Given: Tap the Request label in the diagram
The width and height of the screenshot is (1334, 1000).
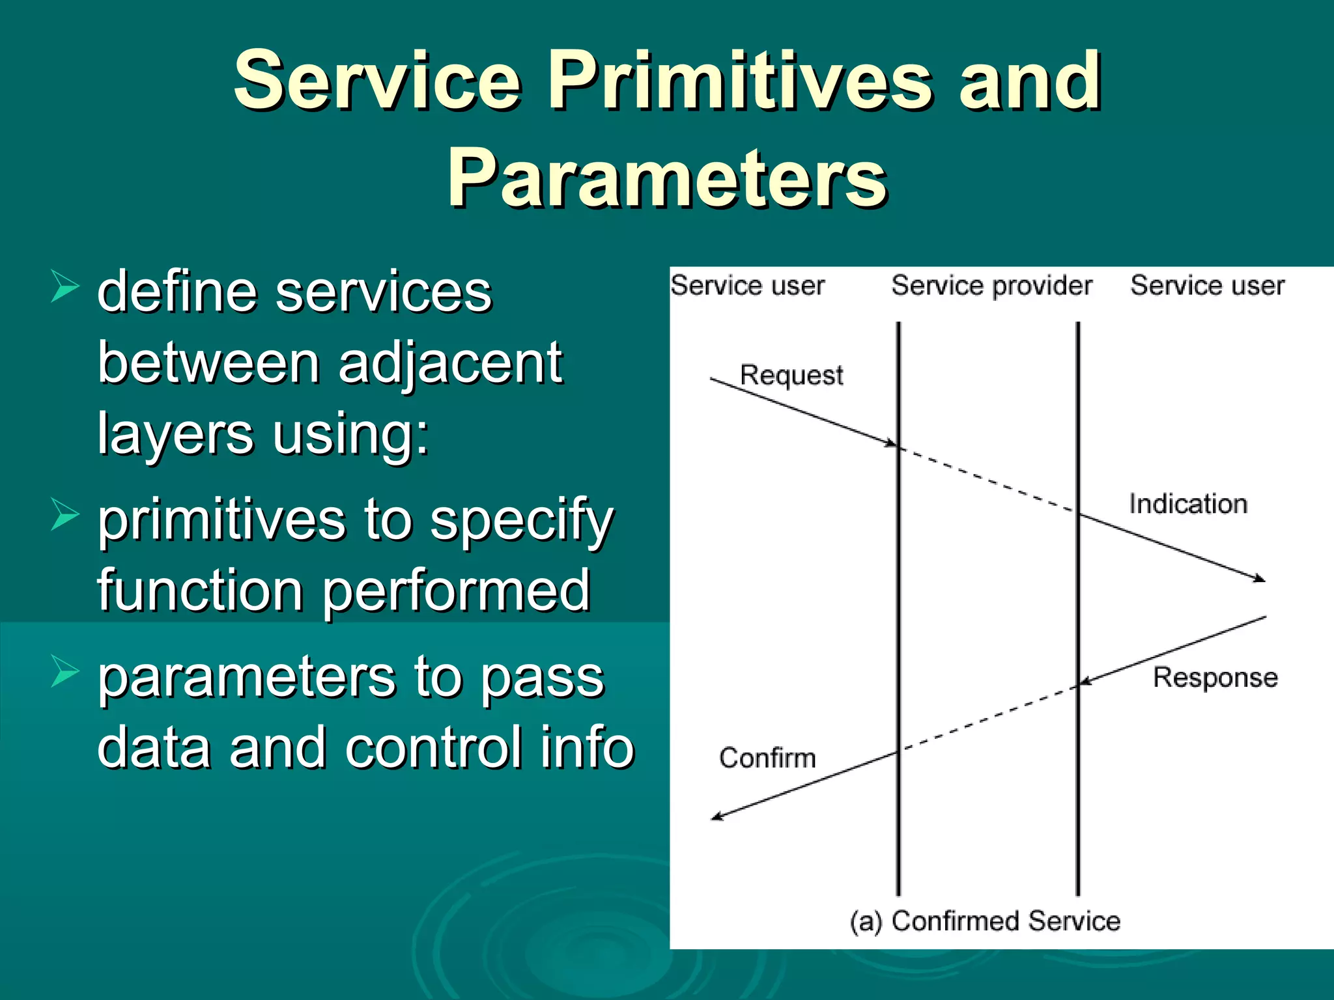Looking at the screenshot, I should coord(791,376).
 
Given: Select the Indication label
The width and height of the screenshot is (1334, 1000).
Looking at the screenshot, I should coord(1188,505).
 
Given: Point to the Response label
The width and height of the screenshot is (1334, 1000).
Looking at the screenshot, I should coord(1215,678).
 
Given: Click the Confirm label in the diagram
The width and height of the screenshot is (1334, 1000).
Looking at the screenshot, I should coord(767,758).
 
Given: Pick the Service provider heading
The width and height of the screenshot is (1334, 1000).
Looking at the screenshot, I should coord(991,286).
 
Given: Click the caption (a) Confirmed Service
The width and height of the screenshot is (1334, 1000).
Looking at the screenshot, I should coord(985,921).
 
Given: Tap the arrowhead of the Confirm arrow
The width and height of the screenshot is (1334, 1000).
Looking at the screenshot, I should coord(717,816).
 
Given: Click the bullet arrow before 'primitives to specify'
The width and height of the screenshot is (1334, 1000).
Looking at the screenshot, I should coord(64,515).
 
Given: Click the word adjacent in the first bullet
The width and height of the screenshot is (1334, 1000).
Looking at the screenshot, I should coord(450,363).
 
